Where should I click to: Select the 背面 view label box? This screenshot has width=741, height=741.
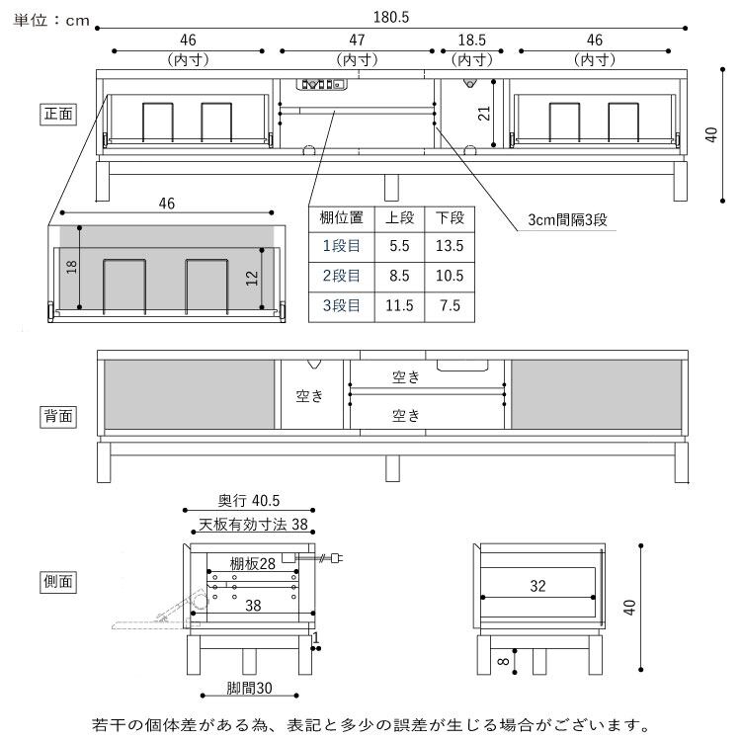pos(58,416)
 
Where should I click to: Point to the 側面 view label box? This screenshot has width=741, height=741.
pos(58,581)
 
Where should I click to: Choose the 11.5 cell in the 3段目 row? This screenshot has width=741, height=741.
pos(399,305)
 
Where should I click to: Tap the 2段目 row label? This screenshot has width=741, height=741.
pos(342,276)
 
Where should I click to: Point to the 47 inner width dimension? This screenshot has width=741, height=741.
pos(357,40)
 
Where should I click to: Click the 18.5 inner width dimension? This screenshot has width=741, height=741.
pos(471,40)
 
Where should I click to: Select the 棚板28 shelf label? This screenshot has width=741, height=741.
pos(252,563)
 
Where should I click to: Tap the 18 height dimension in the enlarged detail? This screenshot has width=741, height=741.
pos(72,268)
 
